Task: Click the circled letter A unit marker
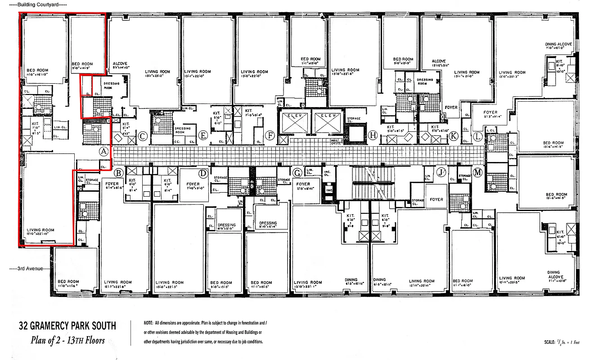pos(103,152)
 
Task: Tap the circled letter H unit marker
pos(372,135)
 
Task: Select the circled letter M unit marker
pos(477,172)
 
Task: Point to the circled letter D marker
pos(203,173)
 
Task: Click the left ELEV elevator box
pos(294,121)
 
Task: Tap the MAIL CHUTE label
pos(335,141)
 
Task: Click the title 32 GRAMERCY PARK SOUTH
pos(67,326)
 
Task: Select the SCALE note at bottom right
pos(562,343)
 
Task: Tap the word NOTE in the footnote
pos(149,324)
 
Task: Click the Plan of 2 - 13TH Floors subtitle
pos(67,340)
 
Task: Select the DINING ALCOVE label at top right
pos(559,45)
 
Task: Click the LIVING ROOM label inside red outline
pos(40,230)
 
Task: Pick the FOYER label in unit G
pos(303,184)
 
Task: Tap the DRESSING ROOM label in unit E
pos(182,130)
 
